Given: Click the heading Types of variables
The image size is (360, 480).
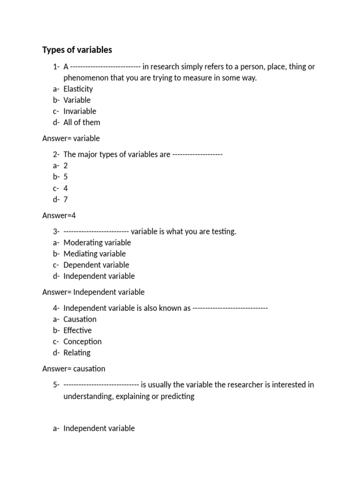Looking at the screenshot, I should click(x=77, y=50).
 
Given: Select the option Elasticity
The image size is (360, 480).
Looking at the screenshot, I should click(x=78, y=89).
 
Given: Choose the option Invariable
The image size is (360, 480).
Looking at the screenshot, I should click(x=80, y=111).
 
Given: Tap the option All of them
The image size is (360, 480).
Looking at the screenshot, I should click(x=82, y=122).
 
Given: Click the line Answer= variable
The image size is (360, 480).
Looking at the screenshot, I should click(x=71, y=138).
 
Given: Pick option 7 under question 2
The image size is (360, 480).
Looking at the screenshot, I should click(x=66, y=200).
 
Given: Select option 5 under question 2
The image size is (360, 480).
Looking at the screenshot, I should click(x=66, y=177).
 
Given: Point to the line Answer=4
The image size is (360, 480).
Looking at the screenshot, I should click(x=60, y=215).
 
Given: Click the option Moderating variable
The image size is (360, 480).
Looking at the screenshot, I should click(x=97, y=243).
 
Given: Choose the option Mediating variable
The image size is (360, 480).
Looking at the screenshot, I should click(x=95, y=254).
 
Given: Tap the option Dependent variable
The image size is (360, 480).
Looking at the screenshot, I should click(x=96, y=265).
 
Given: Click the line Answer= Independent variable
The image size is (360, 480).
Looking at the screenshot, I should click(x=93, y=292).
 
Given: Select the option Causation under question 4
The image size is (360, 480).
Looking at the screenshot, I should click(x=80, y=319).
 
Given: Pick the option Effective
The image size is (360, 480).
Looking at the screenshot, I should click(x=78, y=330).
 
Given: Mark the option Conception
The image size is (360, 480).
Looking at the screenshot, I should click(x=82, y=342).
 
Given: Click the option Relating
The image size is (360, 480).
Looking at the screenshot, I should click(x=77, y=353).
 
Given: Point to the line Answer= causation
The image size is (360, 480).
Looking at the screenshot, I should click(x=74, y=369).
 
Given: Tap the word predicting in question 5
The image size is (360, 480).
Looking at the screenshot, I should click(x=177, y=396).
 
